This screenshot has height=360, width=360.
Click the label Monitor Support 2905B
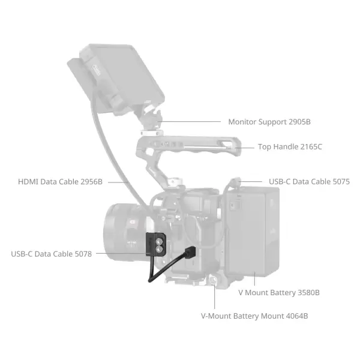[269, 122]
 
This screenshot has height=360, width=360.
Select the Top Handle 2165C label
[290, 146]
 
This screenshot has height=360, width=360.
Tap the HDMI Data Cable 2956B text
[60, 181]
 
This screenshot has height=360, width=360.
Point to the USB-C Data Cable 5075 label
[309, 181]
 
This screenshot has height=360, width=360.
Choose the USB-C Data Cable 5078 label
[52, 254]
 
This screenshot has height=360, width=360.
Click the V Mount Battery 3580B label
[278, 292]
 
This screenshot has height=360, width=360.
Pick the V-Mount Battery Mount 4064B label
[254, 315]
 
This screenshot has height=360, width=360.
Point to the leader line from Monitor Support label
[192, 122]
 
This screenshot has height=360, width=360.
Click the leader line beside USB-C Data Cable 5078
[120, 253]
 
